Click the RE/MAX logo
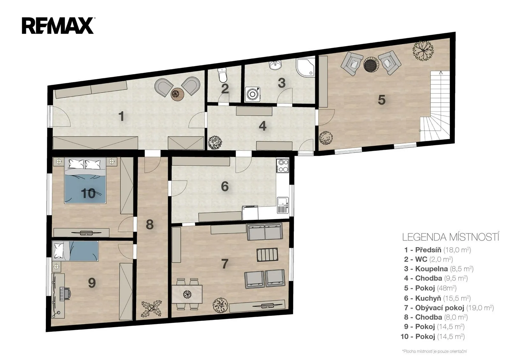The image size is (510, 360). [x=58, y=26]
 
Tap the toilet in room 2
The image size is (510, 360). [x=222, y=75]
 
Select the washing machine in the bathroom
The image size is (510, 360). [x=252, y=94]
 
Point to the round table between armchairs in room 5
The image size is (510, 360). [x=371, y=64]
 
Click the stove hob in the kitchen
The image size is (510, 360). [x=282, y=166]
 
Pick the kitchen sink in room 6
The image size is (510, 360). [x=282, y=205]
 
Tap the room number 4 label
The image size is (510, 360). [x=263, y=126]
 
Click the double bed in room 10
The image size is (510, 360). [x=85, y=180]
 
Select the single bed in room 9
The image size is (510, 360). [x=75, y=251]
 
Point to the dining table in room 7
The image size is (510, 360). [x=187, y=294]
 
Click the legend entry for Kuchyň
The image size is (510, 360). [x=437, y=298]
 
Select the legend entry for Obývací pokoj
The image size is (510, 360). [x=449, y=308]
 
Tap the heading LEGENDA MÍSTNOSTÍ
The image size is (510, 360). [x=451, y=237]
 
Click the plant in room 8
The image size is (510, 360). [x=151, y=309]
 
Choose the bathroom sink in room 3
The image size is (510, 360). [x=275, y=65]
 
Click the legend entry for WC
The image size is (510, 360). [x=428, y=259]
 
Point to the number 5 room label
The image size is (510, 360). [x=382, y=100]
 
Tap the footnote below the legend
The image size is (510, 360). [x=434, y=351]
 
